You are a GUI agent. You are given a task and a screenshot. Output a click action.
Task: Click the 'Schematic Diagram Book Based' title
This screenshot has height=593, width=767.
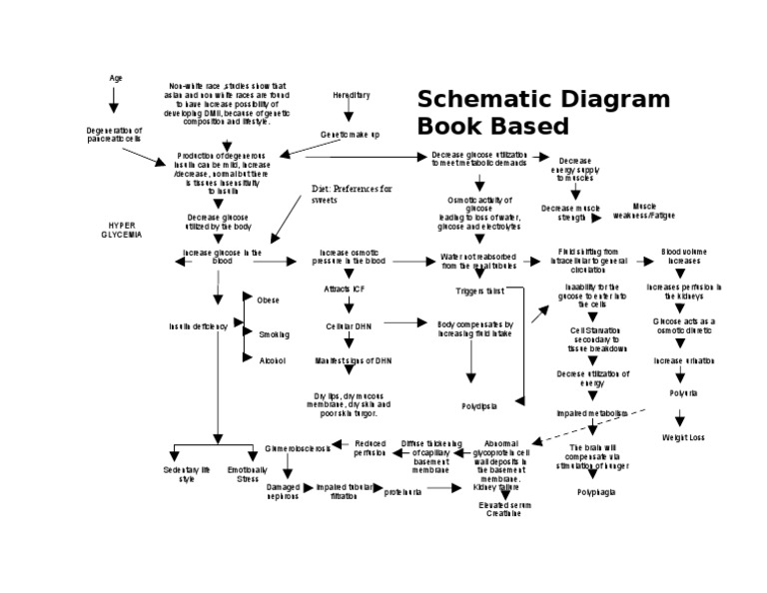pyautogui.click(x=542, y=112)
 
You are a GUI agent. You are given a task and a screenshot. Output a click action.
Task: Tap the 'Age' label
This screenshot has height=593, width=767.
pyautogui.click(x=115, y=78)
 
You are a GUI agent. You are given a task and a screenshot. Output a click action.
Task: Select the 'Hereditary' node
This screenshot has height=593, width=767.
pyautogui.click(x=351, y=95)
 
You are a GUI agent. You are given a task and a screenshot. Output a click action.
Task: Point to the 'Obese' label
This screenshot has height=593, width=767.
pyautogui.click(x=268, y=299)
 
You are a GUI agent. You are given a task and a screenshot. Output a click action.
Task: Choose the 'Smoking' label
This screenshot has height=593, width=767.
pyautogui.click(x=273, y=334)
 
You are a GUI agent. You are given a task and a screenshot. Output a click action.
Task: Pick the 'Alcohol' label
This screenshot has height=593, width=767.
pyautogui.click(x=273, y=360)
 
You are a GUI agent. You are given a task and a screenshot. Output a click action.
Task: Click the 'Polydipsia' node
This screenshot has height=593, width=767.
pyautogui.click(x=479, y=406)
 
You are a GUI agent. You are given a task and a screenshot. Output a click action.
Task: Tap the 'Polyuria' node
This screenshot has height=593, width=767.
pyautogui.click(x=683, y=393)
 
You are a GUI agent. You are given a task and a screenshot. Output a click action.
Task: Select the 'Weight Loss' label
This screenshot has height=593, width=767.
pyautogui.click(x=683, y=437)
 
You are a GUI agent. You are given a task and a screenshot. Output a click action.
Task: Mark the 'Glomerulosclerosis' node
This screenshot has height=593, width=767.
pyautogui.click(x=298, y=449)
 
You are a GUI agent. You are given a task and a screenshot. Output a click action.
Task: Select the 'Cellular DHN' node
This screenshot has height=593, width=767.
pyautogui.click(x=349, y=325)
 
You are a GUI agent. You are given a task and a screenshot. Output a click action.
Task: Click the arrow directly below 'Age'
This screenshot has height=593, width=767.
pyautogui.click(x=114, y=100)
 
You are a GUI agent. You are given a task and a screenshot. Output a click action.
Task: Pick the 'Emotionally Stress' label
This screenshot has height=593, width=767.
pyautogui.click(x=247, y=473)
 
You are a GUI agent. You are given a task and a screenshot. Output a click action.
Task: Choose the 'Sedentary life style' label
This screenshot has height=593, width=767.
pyautogui.click(x=187, y=473)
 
